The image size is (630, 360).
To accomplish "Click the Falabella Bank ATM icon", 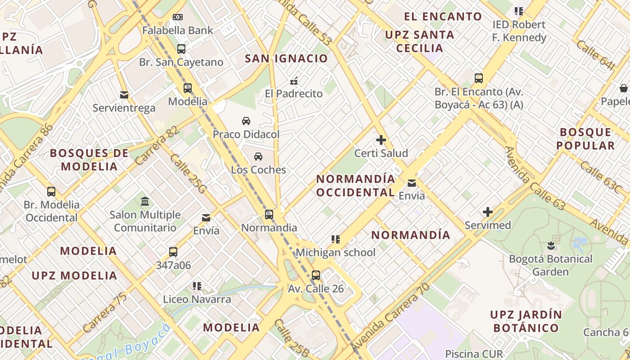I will [x=178, y=17].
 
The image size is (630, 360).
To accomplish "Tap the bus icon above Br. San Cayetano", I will [x=181, y=49].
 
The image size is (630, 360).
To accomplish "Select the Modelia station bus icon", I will [x=188, y=88].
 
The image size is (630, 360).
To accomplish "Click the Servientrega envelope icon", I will [x=124, y=95].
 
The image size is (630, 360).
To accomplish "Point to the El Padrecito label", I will [x=294, y=94].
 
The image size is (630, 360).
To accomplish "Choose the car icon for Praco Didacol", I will [x=246, y=121].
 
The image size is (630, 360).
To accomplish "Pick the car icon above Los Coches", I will [x=258, y=157].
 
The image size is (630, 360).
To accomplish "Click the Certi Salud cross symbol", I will [x=381, y=140].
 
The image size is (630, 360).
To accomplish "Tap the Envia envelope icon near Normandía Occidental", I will [x=412, y=183].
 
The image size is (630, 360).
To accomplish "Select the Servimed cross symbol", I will [x=488, y=212].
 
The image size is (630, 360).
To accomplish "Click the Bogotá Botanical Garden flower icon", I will [x=551, y=246].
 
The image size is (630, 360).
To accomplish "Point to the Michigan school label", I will [x=335, y=252].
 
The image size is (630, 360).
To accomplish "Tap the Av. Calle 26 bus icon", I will [x=316, y=275].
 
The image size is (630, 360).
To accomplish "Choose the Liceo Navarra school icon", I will [x=197, y=286].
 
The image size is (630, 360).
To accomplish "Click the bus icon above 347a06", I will [x=173, y=252].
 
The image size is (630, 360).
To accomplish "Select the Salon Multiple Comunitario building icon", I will [x=145, y=202].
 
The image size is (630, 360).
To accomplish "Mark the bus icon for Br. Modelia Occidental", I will [x=51, y=192].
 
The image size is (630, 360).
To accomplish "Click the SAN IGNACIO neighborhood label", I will [x=286, y=58].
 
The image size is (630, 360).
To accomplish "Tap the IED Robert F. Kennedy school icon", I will [x=518, y=11].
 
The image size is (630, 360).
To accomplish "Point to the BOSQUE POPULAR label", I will [x=585, y=139].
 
